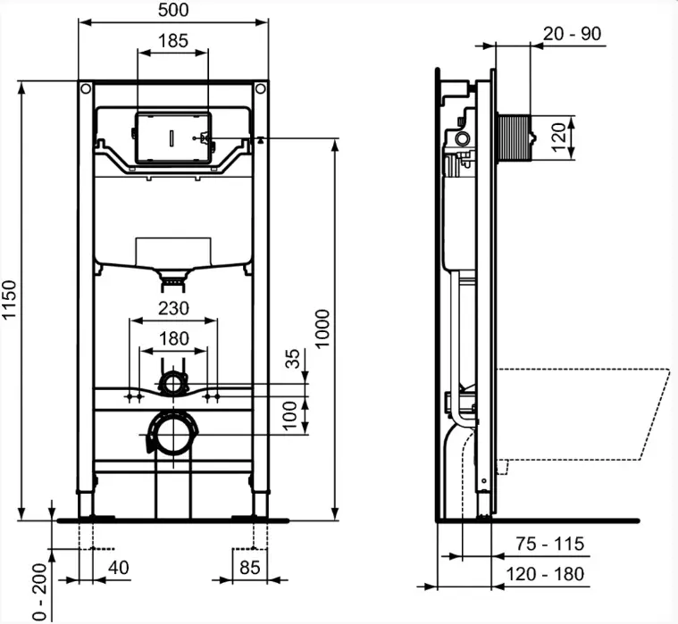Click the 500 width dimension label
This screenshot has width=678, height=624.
[x=173, y=10]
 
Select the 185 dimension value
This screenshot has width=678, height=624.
[x=173, y=41]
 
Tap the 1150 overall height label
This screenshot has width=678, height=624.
[x=9, y=299]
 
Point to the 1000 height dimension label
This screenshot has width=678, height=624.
[x=322, y=328]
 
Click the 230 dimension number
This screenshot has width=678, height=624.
[x=173, y=309]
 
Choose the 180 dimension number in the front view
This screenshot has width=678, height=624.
[x=173, y=339]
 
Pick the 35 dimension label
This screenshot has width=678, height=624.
[x=293, y=358]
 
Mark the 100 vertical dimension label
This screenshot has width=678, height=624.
[x=290, y=416]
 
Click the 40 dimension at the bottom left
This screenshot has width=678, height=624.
[x=119, y=568]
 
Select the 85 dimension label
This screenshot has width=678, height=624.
[x=249, y=568]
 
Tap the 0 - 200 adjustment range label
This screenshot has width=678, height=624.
[x=40, y=592]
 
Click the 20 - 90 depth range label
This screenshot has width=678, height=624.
[x=572, y=33]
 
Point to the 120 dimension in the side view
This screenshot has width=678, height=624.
[x=558, y=137]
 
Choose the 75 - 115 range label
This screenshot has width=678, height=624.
[x=549, y=544]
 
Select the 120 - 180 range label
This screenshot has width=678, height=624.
[x=545, y=574]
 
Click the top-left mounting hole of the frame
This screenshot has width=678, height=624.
[x=86, y=89]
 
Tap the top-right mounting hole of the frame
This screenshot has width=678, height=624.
[x=260, y=89]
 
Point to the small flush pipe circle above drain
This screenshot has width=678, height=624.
[x=174, y=384]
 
